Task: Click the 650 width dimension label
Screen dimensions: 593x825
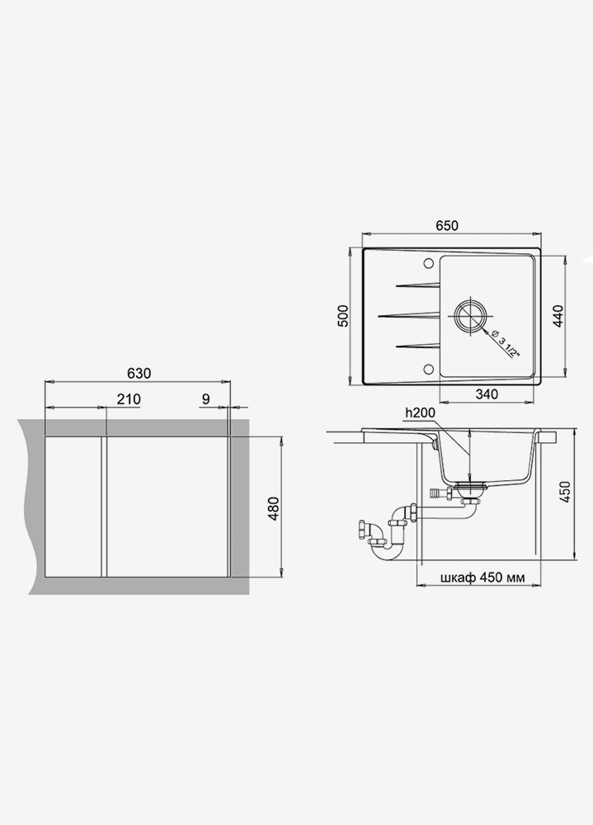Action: (447, 225)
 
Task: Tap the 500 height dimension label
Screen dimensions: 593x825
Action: (342, 316)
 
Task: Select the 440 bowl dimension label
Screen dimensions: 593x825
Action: (558, 316)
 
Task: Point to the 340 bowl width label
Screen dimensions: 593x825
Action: (486, 394)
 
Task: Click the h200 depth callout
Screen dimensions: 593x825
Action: (420, 413)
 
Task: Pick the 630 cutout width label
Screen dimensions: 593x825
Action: (139, 373)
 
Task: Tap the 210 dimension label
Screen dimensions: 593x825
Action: (129, 399)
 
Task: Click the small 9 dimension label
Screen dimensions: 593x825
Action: (205, 399)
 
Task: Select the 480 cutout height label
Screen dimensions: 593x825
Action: (274, 509)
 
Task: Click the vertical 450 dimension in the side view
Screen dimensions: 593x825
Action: (565, 492)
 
